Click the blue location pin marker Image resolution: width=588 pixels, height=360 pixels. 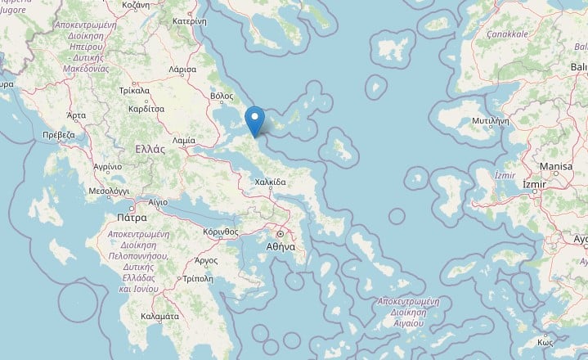(x=256, y=121)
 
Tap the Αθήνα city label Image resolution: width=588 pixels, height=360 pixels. (x=281, y=245)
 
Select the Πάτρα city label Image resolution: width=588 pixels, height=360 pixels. (x=132, y=218)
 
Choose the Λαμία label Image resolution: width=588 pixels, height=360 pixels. (x=185, y=140)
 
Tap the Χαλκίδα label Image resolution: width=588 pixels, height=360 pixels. (x=270, y=182)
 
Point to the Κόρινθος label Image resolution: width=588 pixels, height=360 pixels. (x=221, y=232)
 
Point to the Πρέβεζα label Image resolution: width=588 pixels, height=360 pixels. (x=58, y=134)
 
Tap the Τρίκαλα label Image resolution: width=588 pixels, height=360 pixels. (x=134, y=91)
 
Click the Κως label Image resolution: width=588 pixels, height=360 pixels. (x=546, y=341)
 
